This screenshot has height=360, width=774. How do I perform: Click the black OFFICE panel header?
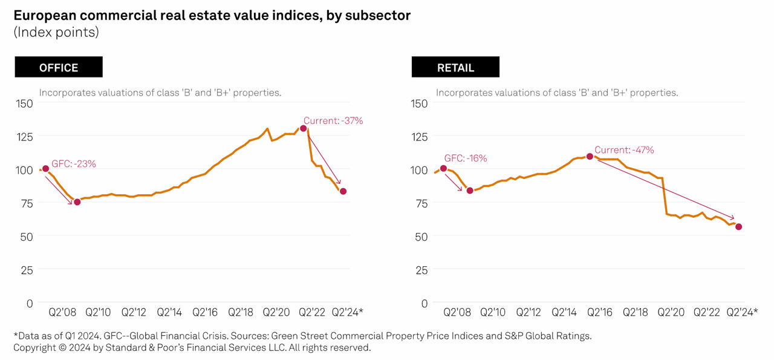pos(59,67)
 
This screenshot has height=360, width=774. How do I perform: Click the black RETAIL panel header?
pos(455,67)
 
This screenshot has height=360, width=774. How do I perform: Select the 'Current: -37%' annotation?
pos(333,120)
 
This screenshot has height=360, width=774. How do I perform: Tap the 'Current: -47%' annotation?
pos(624,150)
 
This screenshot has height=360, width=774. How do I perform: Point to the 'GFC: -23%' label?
pos(74,163)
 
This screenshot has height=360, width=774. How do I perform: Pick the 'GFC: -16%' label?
pos(465,158)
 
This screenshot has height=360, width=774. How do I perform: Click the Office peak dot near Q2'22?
pos(303,128)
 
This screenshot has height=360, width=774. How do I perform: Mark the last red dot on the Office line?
pos(343,191)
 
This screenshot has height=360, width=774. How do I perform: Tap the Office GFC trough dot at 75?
pos(77,202)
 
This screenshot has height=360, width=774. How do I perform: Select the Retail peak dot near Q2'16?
pos(590,156)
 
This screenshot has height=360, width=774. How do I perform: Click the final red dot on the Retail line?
pos(738,227)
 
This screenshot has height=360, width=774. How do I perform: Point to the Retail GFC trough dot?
pos(470,191)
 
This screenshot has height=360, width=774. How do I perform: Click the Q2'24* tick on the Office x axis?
pos(348,312)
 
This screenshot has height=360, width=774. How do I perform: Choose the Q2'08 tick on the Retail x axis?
pos(457,312)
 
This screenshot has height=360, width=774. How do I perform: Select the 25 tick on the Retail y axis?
pos(421,269)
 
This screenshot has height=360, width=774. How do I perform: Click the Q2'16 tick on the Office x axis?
pos(205,312)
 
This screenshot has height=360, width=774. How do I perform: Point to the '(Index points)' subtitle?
pos(56,32)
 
